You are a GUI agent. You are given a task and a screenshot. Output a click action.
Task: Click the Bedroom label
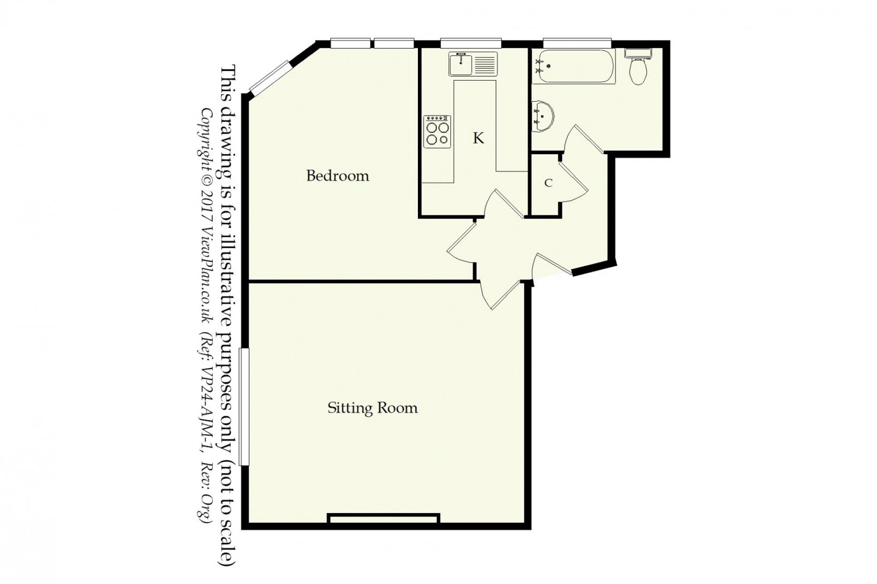337,176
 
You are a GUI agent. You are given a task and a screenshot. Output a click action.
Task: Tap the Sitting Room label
372,408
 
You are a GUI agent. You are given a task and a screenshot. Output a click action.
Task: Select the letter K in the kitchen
478,139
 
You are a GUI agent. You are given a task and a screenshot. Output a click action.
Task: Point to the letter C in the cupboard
548,183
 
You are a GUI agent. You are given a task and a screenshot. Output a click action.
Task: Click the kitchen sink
473,64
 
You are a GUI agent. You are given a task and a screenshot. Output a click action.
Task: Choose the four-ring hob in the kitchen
437,131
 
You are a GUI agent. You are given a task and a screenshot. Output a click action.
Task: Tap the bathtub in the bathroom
574,67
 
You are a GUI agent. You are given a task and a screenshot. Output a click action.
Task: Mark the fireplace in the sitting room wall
383,520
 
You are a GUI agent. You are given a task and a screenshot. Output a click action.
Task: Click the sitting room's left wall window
244,406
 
